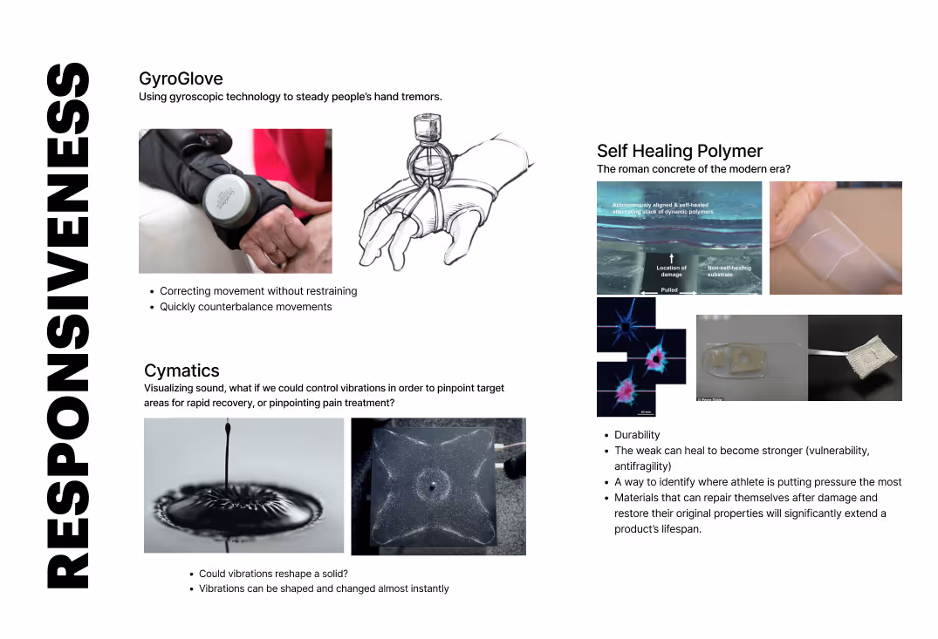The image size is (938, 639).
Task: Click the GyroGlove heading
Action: click(181, 78)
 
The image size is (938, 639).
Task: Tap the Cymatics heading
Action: click(181, 370)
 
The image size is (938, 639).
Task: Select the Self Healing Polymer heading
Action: click(680, 151)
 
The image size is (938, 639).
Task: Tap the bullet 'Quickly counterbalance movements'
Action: click(245, 307)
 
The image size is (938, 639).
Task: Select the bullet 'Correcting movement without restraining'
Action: click(258, 291)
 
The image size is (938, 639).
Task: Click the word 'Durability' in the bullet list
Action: click(637, 435)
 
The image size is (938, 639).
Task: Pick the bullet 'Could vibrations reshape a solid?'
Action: click(273, 574)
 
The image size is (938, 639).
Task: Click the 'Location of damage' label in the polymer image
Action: click(671, 270)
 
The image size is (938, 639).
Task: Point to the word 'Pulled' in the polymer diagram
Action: click(669, 289)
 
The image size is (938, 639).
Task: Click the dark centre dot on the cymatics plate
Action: click(432, 488)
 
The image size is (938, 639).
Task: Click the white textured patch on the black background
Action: click(869, 357)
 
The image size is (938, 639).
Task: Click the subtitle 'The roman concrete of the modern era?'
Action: click(694, 169)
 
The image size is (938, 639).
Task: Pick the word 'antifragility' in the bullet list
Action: click(642, 466)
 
